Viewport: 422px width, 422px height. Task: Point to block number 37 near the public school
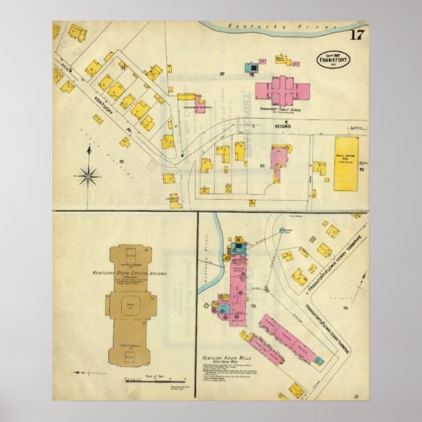[x=222, y=74]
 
